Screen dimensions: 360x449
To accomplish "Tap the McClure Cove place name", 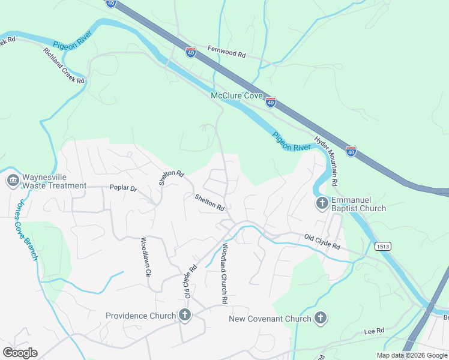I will pyautogui.click(x=236, y=95).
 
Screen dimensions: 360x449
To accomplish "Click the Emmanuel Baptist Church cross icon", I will pyautogui.click(x=322, y=203).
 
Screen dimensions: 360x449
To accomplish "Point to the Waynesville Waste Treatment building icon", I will pyautogui.click(x=13, y=181).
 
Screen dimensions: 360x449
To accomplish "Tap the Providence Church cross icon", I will pyautogui.click(x=184, y=315).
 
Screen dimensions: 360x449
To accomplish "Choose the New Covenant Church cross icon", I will pyautogui.click(x=321, y=318).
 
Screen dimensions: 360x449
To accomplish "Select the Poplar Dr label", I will pyautogui.click(x=123, y=188).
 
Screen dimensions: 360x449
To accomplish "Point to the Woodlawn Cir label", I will pyautogui.click(x=144, y=257).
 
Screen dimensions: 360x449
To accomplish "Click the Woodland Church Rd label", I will pyautogui.click(x=224, y=273).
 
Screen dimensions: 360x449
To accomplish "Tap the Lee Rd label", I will pyautogui.click(x=373, y=331).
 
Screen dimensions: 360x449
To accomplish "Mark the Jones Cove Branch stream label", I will pyautogui.click(x=25, y=230).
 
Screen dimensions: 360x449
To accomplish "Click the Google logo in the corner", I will pyautogui.click(x=20, y=353).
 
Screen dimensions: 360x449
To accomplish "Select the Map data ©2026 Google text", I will pyautogui.click(x=411, y=355).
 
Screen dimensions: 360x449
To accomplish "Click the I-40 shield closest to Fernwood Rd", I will pyautogui.click(x=191, y=53).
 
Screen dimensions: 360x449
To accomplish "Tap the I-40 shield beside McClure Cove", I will pyautogui.click(x=271, y=103).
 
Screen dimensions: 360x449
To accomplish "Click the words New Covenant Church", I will pyautogui.click(x=270, y=319).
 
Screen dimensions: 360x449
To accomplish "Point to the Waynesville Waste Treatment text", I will pyautogui.click(x=55, y=181).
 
